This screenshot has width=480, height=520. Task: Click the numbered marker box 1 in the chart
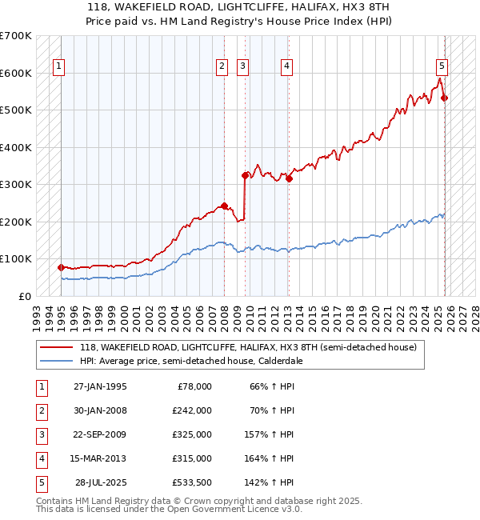(59, 66)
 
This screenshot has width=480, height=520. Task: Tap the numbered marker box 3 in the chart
(242, 66)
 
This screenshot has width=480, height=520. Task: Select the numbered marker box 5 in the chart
(442, 66)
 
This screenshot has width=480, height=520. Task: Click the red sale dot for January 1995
(62, 267)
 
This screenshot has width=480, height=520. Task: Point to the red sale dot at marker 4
(289, 178)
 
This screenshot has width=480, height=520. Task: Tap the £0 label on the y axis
(25, 296)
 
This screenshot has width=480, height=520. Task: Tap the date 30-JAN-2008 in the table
(100, 410)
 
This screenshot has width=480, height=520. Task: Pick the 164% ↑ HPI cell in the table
(273, 458)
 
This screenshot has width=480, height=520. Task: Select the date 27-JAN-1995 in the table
(100, 386)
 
